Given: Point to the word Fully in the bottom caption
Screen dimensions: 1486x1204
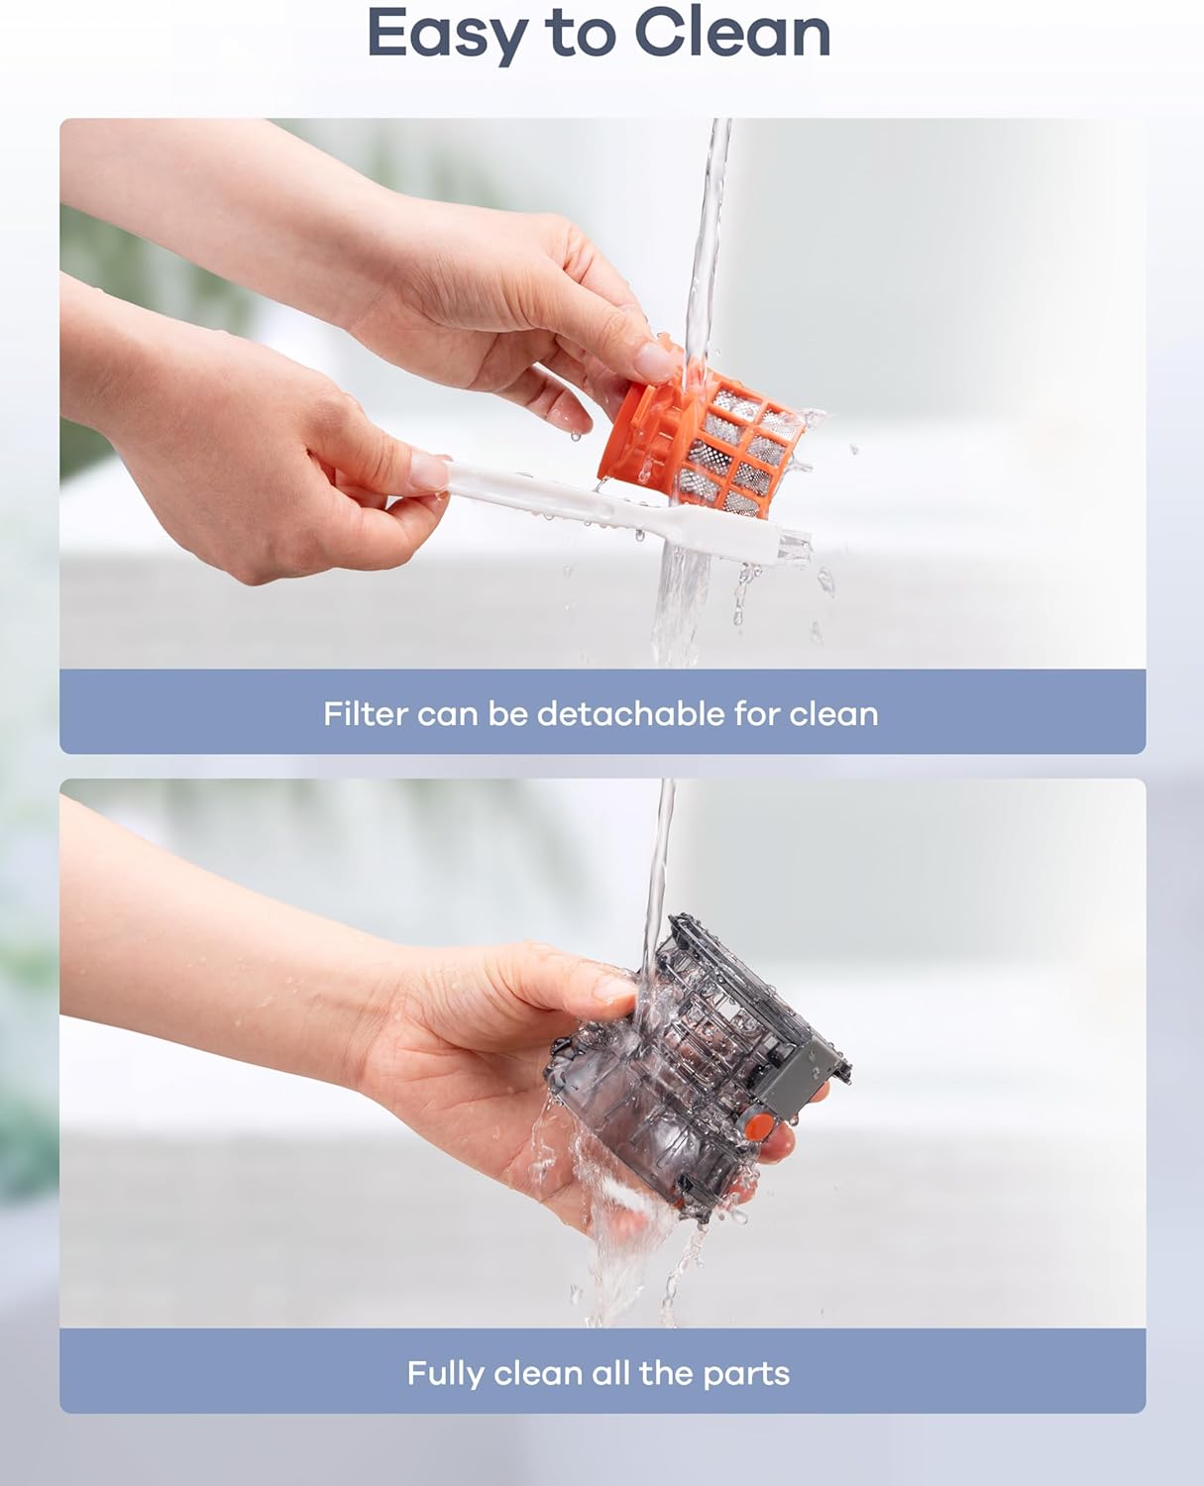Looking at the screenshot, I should click(444, 1373).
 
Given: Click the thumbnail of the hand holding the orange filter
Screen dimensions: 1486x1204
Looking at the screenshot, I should click(653, 362).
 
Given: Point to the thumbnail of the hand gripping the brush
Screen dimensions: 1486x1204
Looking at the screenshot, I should click(429, 472).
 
